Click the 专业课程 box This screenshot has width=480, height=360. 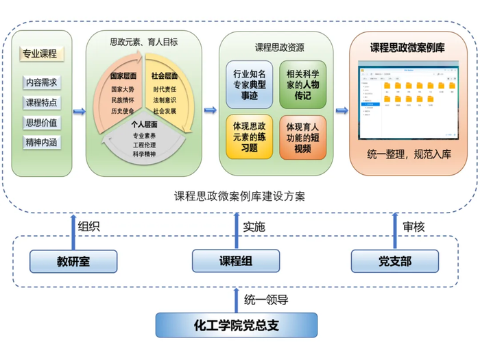[40, 53]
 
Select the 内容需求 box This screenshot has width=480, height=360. [41, 82]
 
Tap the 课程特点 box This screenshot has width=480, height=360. [41, 103]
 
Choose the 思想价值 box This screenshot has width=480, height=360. [41, 123]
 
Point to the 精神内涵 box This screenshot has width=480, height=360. [41, 143]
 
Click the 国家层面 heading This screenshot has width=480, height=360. [123, 75]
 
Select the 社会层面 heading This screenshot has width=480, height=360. [165, 75]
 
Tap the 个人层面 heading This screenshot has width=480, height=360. [144, 125]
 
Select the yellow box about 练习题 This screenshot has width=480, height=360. [250, 136]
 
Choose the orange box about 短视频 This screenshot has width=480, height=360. [302, 136]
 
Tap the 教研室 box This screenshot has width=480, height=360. [74, 261]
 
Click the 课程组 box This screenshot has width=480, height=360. [236, 261]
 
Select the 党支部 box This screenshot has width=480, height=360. [394, 261]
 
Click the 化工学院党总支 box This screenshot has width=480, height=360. [236, 325]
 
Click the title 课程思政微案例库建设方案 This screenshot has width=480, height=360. [239, 195]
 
